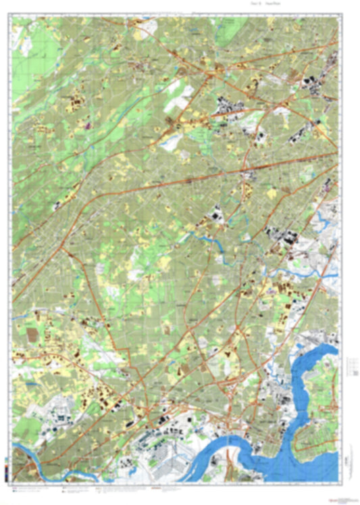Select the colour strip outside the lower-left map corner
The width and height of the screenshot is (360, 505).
pos(5,466)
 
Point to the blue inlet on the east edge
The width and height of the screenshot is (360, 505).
pos(327,219)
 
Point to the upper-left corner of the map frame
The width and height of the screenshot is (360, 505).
pos(12,16)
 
